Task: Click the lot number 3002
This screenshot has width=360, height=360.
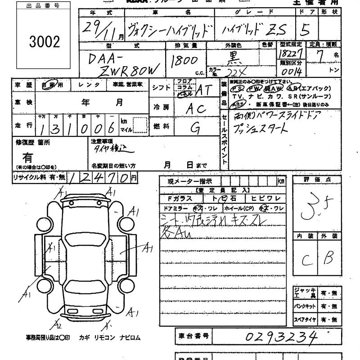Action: pyautogui.click(x=44, y=42)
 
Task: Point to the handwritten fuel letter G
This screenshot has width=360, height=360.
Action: pyautogui.click(x=195, y=128)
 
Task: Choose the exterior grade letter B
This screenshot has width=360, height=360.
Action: pyautogui.click(x=328, y=258)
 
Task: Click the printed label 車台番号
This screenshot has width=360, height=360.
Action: pyautogui.click(x=192, y=336)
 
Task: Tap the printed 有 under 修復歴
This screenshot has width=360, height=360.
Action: pyautogui.click(x=28, y=157)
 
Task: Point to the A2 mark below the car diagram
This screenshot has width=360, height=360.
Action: pyautogui.click(x=57, y=324)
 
